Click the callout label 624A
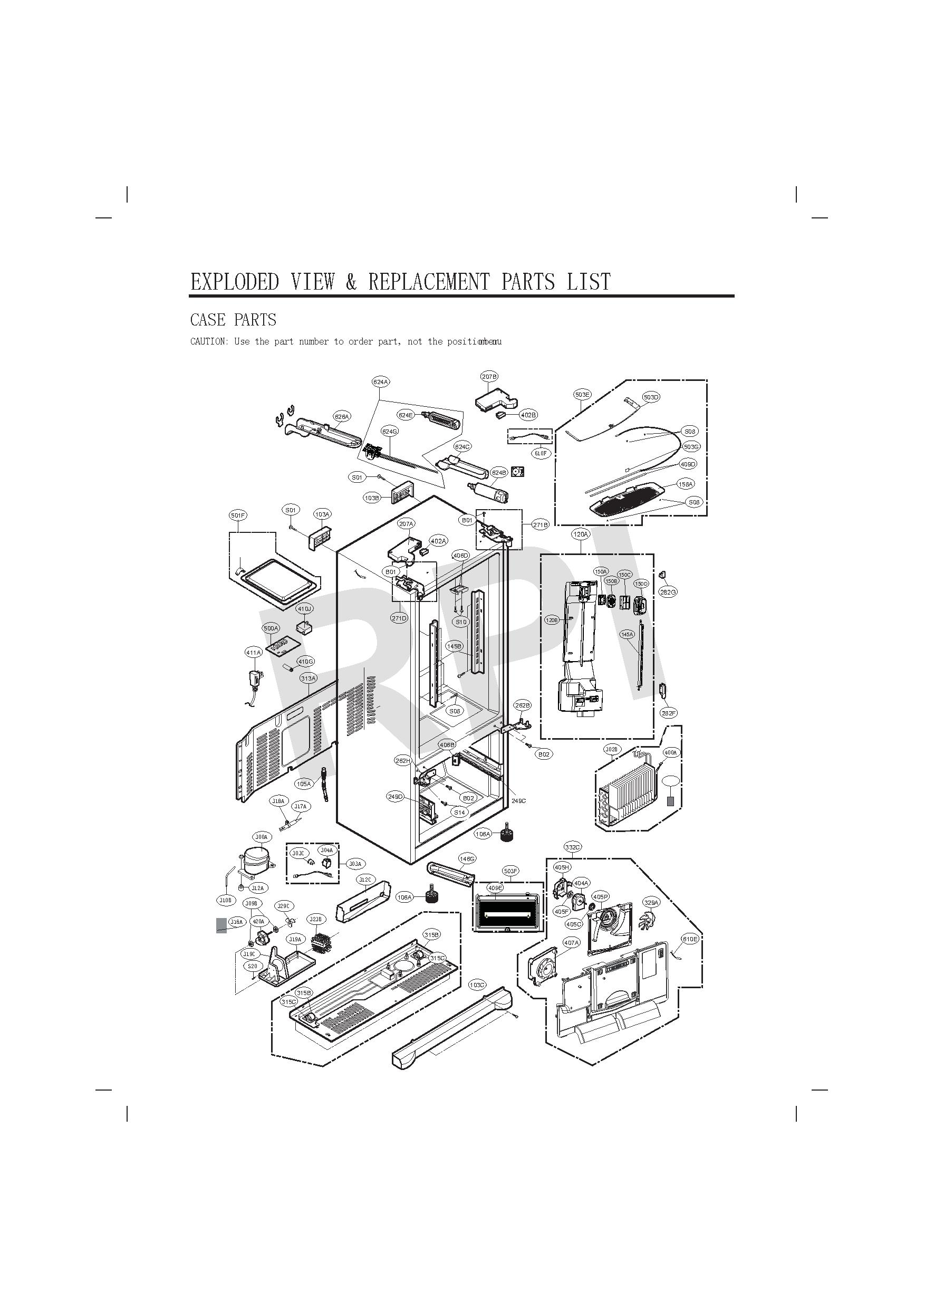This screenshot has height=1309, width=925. [x=381, y=382]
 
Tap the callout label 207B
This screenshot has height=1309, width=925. [x=489, y=377]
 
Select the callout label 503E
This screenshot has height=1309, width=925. [x=582, y=395]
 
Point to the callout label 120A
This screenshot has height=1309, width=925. [x=581, y=534]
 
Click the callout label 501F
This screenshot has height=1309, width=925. [x=238, y=515]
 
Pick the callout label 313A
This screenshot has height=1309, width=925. [x=309, y=679]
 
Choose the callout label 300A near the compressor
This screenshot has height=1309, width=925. [x=262, y=837]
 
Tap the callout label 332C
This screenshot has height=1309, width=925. [x=572, y=847]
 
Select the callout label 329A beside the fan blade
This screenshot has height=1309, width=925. [x=651, y=903]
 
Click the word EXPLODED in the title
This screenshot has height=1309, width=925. [x=235, y=282]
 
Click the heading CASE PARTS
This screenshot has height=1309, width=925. [x=233, y=320]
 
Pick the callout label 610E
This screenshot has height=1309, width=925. [x=690, y=939]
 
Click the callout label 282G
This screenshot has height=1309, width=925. [x=668, y=593]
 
